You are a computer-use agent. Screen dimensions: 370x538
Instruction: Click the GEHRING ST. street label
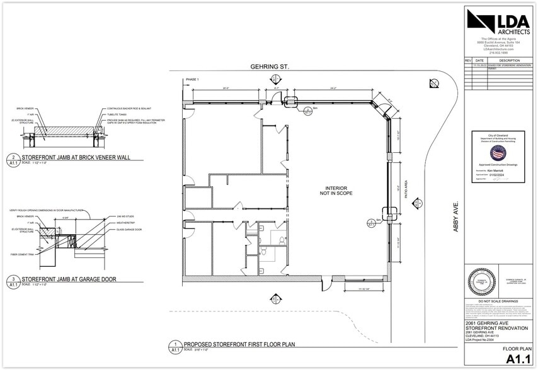[x=270, y=66]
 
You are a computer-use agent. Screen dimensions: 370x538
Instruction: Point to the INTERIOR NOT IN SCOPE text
[x=338, y=191]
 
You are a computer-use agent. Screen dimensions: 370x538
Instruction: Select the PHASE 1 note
[x=192, y=80]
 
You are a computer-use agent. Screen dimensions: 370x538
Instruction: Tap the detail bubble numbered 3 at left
[x=13, y=280]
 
